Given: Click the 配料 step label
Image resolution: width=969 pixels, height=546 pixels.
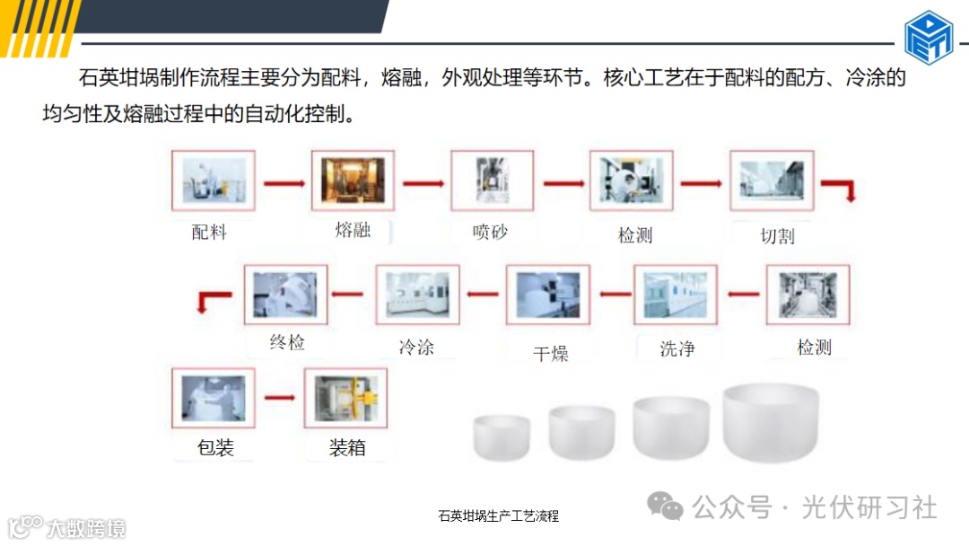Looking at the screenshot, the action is tap(209, 232).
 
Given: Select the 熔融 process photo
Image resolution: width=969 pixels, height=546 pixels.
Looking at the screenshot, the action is tap(353, 181).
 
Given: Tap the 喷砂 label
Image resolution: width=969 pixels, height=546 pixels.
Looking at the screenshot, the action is tap(490, 232).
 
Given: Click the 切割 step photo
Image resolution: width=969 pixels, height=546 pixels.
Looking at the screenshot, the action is tap(772, 181).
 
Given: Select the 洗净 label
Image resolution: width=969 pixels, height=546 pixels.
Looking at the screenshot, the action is tap(677, 348).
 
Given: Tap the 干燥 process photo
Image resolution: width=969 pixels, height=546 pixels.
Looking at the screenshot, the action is tap(548, 295).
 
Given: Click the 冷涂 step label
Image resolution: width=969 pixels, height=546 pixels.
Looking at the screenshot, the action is tap(416, 347).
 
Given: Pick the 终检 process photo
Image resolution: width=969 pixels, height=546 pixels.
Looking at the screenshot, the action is tap(286, 295).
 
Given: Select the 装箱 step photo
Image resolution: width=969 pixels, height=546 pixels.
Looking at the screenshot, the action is tap(345, 399).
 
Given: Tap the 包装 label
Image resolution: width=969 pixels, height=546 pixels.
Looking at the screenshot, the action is tap(215, 447).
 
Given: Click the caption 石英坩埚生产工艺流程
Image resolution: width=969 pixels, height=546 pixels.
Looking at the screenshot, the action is tap(498, 516).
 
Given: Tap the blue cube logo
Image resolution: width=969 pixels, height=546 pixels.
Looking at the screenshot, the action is tap(929, 37).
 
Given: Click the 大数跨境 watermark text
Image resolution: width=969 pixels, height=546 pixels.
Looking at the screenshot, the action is tap(87, 527).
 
